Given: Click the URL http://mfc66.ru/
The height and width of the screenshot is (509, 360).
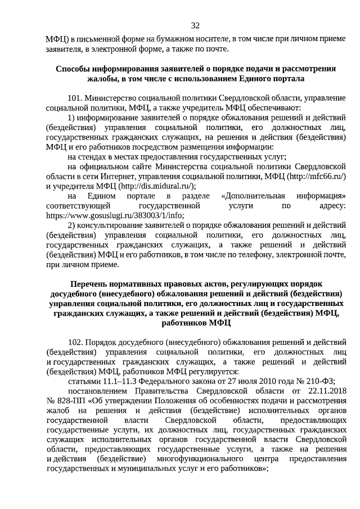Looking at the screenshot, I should (316, 176).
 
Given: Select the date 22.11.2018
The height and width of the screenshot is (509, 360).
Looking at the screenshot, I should (326, 390).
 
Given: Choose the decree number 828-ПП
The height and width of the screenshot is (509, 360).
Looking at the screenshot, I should (64, 400).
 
